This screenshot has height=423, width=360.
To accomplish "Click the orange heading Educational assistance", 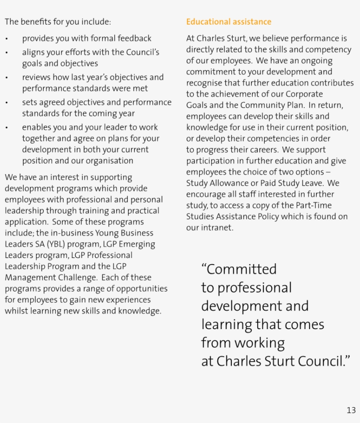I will pyautogui.click(x=229, y=22).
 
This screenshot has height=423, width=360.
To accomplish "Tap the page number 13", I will pyautogui.click(x=351, y=410).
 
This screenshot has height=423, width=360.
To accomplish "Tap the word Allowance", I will pyautogui.click(x=235, y=183).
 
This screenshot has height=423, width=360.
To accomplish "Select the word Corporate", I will pyautogui.click(x=304, y=94).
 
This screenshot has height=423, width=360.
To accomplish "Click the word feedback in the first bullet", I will pyautogui.click(x=133, y=39).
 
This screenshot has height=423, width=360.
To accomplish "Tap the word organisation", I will pyautogui.click(x=110, y=161).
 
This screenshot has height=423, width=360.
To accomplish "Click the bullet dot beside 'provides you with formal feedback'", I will pyautogui.click(x=7, y=39).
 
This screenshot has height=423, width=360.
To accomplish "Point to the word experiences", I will pyautogui.click(x=129, y=300).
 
